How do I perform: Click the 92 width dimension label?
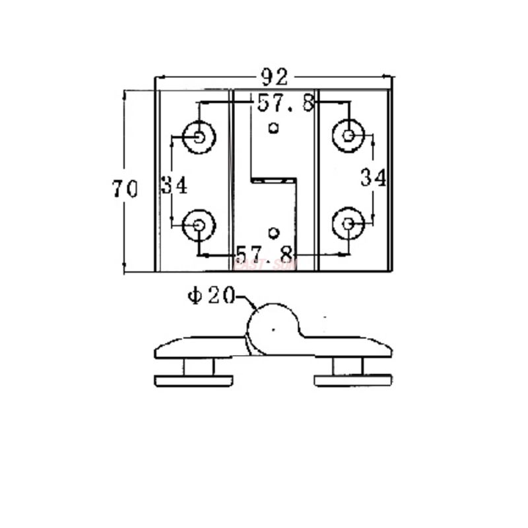[x=274, y=78]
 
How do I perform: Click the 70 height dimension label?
[x=125, y=189]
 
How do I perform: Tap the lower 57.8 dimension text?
[x=265, y=253]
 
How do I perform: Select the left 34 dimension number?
[x=174, y=185]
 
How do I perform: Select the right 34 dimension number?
[x=373, y=178]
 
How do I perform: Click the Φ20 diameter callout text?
[x=211, y=296]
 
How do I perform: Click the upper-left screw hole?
[x=199, y=137]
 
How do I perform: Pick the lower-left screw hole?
[x=199, y=225]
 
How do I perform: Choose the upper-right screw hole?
[x=348, y=136]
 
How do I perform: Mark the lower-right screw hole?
[x=348, y=224]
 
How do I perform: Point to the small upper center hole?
[x=274, y=127]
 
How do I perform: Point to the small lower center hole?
[x=274, y=232]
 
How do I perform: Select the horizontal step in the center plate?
[x=272, y=178]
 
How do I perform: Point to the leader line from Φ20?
[x=247, y=302]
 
